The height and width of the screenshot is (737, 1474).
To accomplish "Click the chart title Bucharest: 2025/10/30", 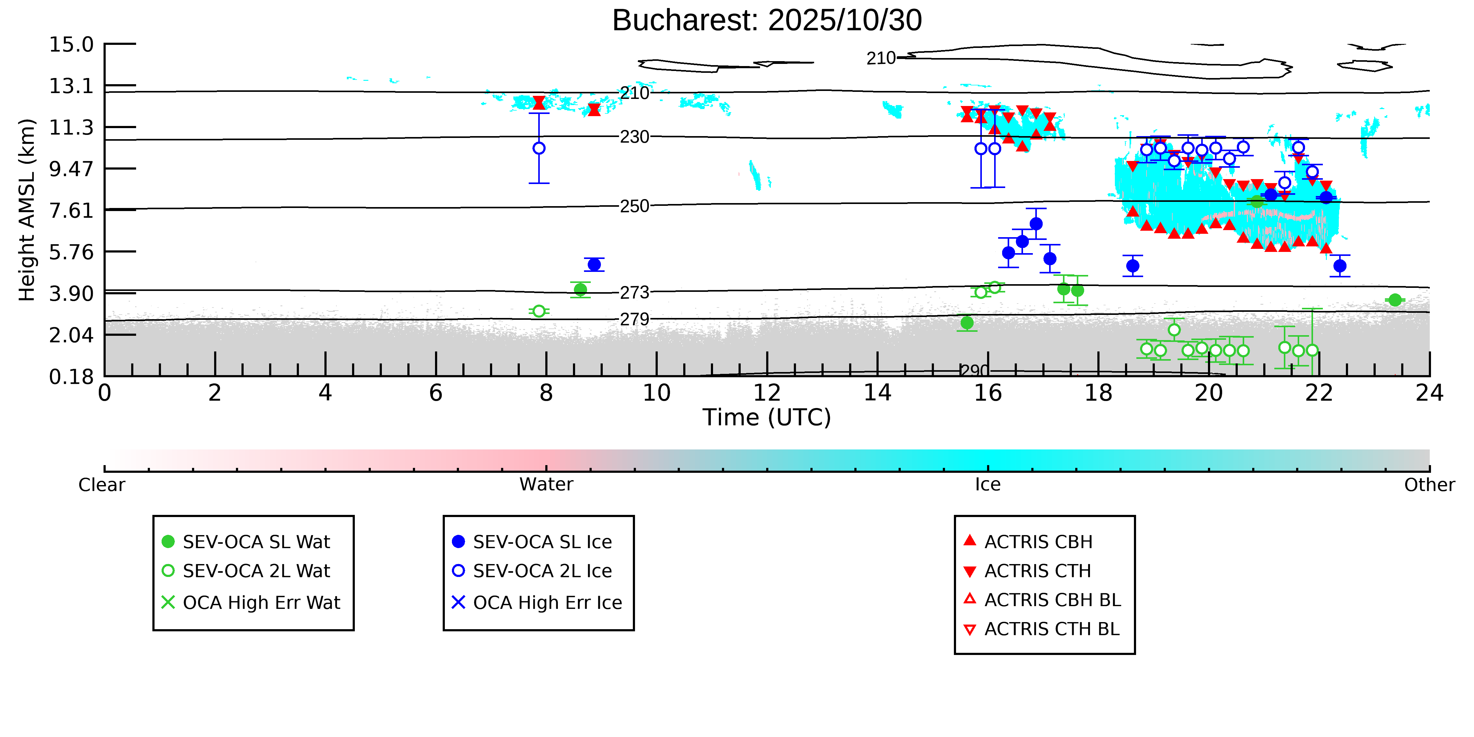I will pyautogui.click(x=767, y=21).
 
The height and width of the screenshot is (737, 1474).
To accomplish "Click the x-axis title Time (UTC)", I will pyautogui.click(x=767, y=417).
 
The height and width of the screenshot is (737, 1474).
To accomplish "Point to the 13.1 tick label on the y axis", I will pyautogui.click(x=71, y=86).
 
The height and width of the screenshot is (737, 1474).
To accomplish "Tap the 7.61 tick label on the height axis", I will pyautogui.click(x=71, y=210).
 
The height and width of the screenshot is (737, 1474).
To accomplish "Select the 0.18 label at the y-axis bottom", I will pyautogui.click(x=71, y=377).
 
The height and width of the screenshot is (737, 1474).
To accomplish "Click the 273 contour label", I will pyautogui.click(x=635, y=292).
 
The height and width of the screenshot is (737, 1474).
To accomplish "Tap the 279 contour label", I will pyautogui.click(x=635, y=319).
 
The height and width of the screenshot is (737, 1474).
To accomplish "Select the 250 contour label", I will pyautogui.click(x=635, y=206).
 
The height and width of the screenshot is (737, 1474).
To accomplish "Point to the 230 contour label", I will pyautogui.click(x=635, y=137).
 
